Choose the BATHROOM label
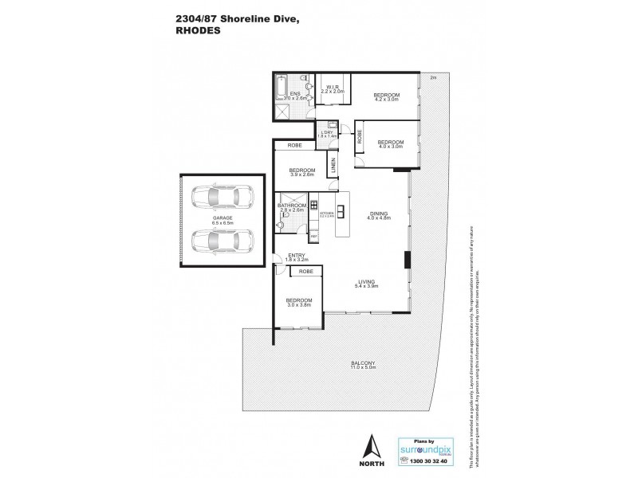(x=292, y=206)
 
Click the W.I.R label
(x=330, y=88)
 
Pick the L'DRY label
(x=327, y=132)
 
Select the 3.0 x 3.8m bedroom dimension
(x=299, y=304)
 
